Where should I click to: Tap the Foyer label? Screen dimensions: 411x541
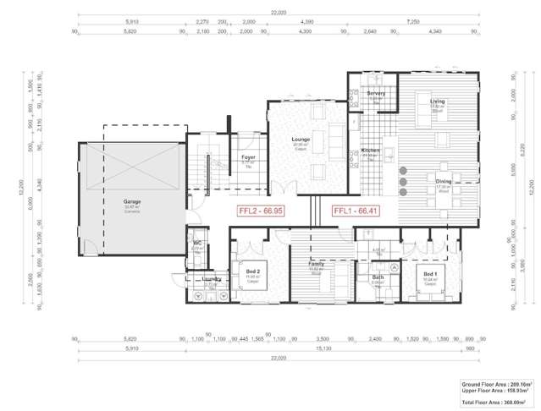248,157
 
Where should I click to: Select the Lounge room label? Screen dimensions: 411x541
301,140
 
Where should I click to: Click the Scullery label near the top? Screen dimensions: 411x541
376,93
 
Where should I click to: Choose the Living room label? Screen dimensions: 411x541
437,101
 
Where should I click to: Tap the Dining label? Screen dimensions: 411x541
444,182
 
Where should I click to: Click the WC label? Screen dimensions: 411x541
196,244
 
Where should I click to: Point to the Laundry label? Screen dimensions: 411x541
212,279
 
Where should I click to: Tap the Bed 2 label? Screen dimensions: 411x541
252,272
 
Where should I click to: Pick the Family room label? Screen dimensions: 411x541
317,265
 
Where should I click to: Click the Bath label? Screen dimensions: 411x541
378,277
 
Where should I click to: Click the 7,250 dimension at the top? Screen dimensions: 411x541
435,22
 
